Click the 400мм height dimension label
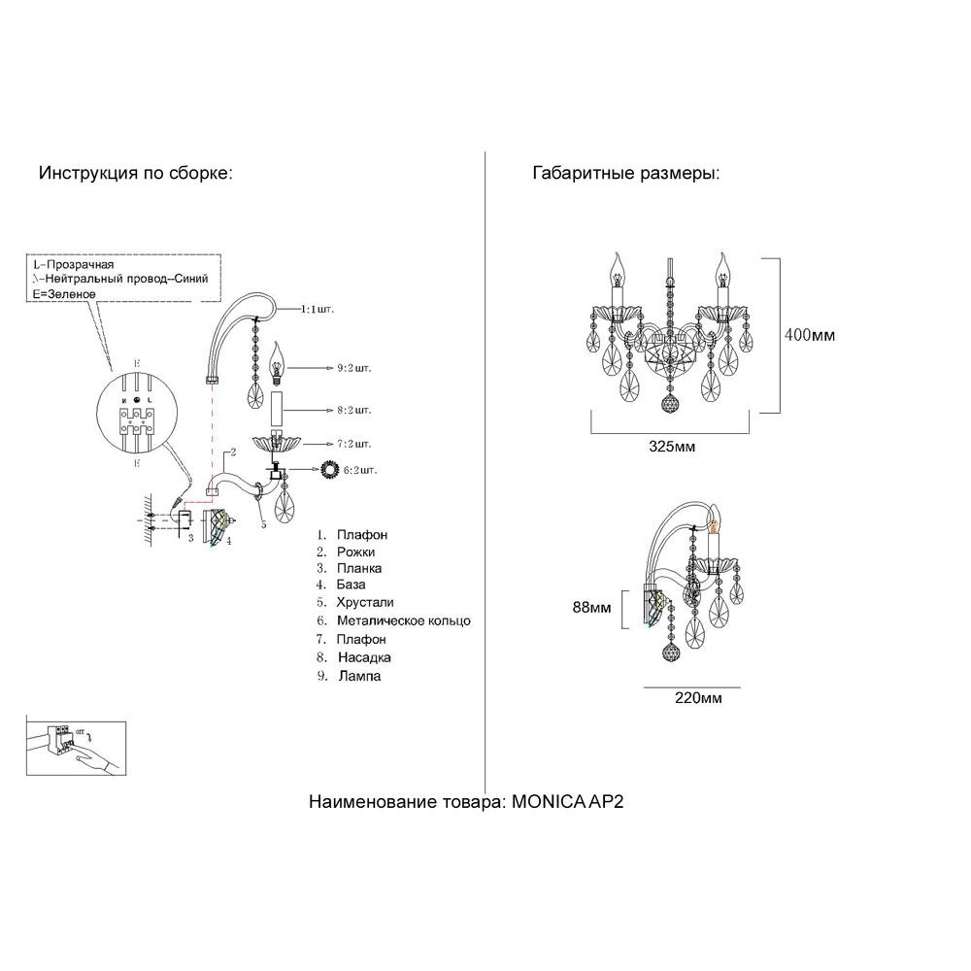tap(809, 336)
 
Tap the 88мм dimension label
tap(591, 608)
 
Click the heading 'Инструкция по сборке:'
tap(135, 174)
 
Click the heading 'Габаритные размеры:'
tap(625, 174)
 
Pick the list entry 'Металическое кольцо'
tap(403, 620)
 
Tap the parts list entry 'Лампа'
tap(359, 676)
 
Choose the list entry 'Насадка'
tap(363, 657)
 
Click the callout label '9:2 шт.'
tap(354, 369)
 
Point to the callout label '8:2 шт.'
tap(354, 411)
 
